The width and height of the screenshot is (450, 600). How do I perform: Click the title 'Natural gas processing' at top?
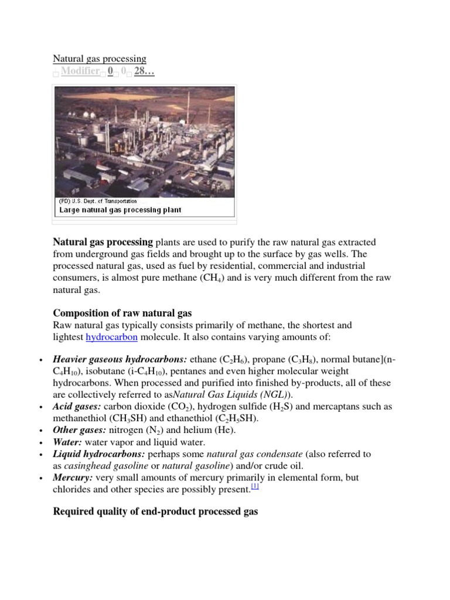(x=100, y=59)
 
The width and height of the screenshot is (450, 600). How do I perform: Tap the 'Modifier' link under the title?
(x=80, y=71)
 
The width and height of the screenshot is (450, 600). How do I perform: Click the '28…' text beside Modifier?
(x=144, y=71)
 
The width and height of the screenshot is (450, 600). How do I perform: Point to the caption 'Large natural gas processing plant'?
(x=119, y=210)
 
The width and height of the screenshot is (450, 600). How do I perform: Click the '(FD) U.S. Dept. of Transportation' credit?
(x=97, y=202)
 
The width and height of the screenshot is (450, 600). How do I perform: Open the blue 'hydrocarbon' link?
(x=111, y=337)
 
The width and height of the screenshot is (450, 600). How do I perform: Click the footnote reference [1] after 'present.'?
(x=255, y=487)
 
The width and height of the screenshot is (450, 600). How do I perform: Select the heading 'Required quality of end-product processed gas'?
(x=155, y=512)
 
